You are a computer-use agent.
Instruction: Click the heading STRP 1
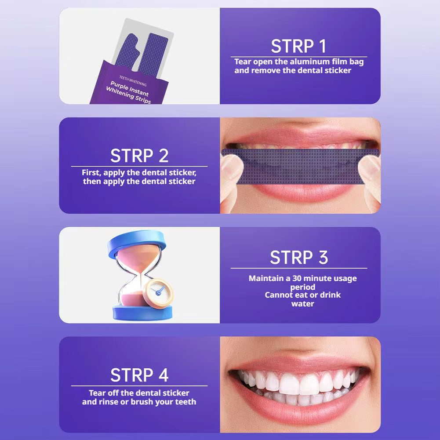(x=298, y=46)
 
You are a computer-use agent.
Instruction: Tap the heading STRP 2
(x=139, y=156)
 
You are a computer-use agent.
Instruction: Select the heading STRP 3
(x=298, y=258)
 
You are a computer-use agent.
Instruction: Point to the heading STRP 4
(x=139, y=375)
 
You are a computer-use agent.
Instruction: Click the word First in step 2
(x=91, y=173)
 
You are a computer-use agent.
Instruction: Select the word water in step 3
(x=302, y=304)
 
